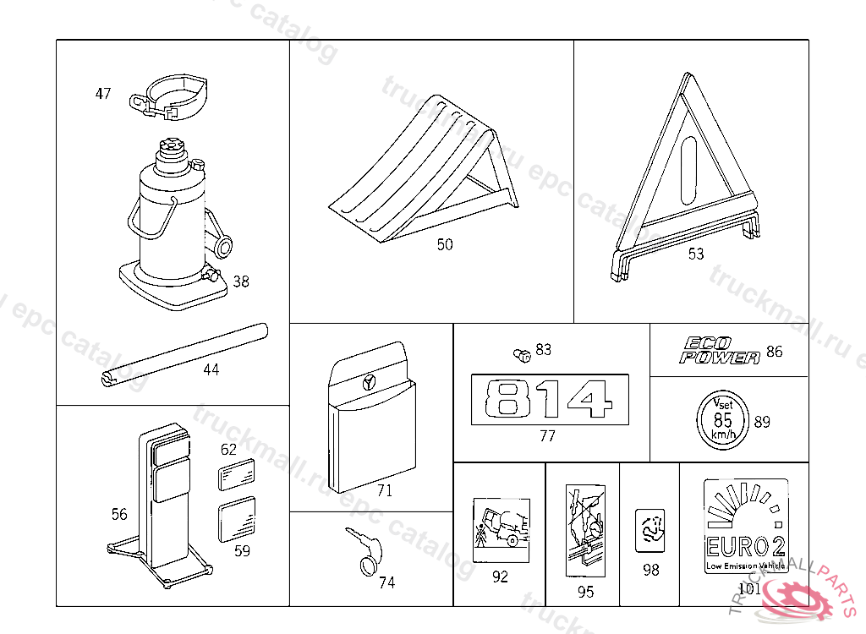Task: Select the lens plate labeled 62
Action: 238,474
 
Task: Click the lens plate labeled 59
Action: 237,520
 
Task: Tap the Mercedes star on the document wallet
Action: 369,382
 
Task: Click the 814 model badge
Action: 549,399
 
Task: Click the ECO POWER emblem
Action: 721,351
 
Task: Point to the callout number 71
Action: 385,490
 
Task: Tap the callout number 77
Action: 548,436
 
